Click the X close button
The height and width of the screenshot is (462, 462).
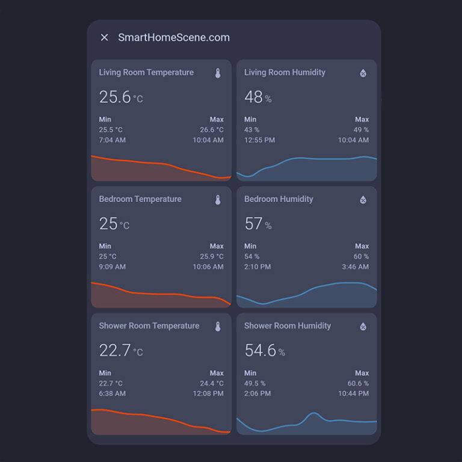[x=104, y=37]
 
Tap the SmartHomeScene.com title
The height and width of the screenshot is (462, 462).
[x=174, y=37]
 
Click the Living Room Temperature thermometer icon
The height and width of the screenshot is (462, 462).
[x=218, y=73]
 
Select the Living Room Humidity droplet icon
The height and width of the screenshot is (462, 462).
[x=363, y=73]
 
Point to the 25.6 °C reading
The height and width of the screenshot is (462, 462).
[x=121, y=97]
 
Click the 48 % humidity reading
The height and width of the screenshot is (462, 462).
[x=257, y=97]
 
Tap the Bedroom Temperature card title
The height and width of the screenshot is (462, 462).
[x=140, y=199]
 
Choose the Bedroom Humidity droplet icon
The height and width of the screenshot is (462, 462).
[x=363, y=200]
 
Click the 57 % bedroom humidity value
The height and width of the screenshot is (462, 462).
[x=257, y=224]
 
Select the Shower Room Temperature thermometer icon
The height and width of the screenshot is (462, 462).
[x=218, y=327]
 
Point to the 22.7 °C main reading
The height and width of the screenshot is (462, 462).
[x=121, y=351]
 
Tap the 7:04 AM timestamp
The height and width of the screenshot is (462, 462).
[x=112, y=140]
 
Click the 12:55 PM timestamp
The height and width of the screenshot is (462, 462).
[x=259, y=140]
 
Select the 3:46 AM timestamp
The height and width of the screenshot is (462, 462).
[x=355, y=266]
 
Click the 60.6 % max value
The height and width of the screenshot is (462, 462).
[x=358, y=383]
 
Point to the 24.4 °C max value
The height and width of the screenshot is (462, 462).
[x=212, y=383]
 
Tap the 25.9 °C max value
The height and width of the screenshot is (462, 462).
[x=212, y=256]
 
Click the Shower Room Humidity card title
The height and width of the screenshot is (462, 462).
[x=288, y=326]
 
